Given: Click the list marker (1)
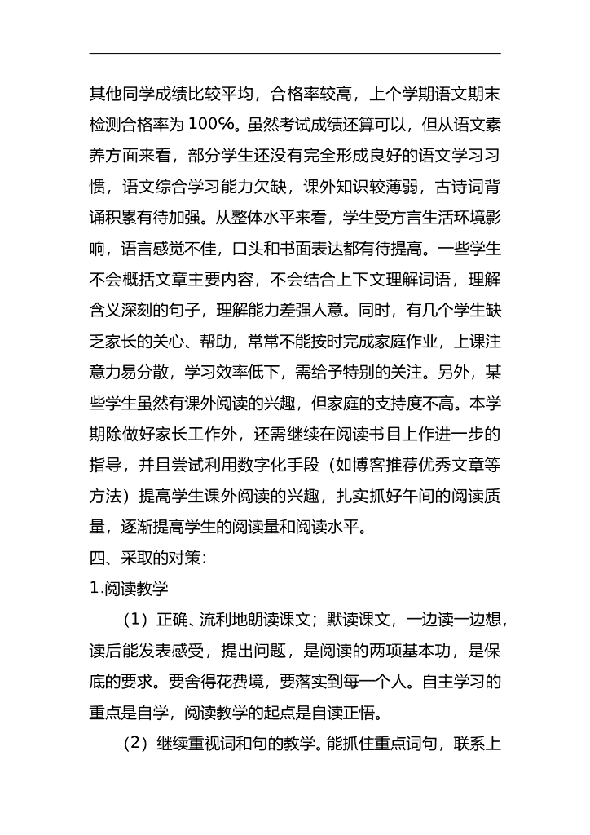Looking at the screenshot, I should point(137,620).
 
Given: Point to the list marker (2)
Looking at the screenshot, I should point(137,744).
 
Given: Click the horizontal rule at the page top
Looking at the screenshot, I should point(295,54).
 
